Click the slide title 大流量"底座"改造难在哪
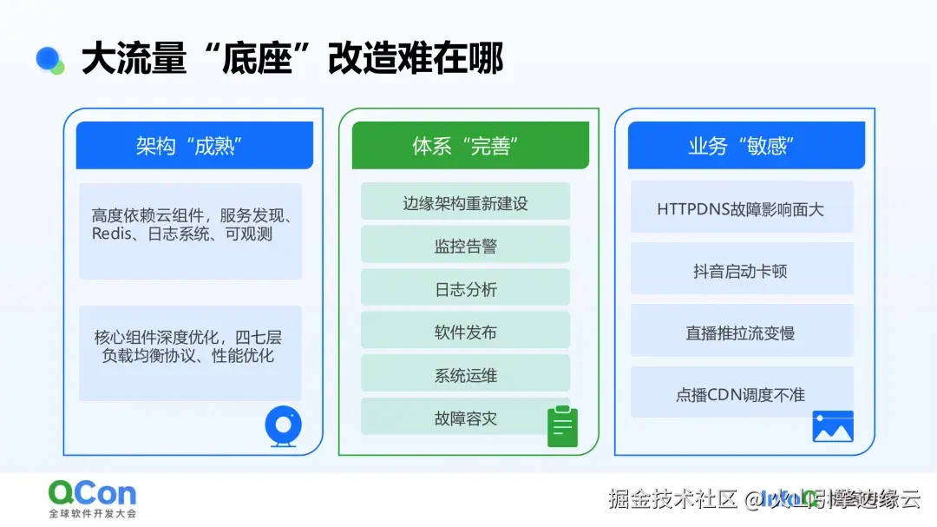[292, 59]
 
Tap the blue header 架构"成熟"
[194, 145]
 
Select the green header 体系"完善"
[469, 145]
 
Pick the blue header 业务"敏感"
[745, 145]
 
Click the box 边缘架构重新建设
[465, 203]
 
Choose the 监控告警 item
[465, 246]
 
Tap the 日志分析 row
[465, 289]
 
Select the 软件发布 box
[465, 332]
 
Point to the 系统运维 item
[465, 375]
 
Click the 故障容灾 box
[465, 418]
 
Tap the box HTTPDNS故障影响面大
[741, 208]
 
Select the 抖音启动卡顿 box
[741, 271]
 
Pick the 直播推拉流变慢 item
[741, 333]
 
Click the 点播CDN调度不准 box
[741, 394]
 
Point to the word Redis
[110, 234]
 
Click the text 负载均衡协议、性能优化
[188, 356]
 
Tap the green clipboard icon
[562, 426]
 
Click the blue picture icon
[833, 427]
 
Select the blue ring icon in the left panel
[283, 426]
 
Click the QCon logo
[92, 494]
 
